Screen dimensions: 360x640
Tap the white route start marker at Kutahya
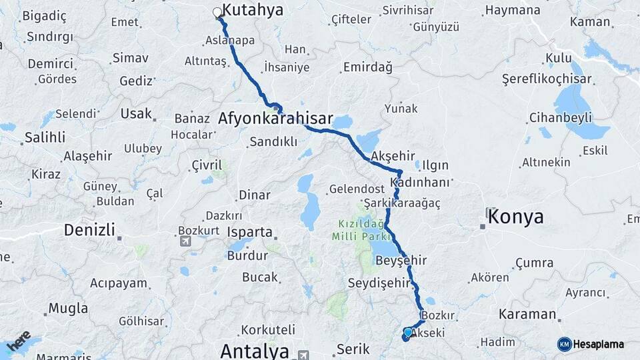(x=217, y=12)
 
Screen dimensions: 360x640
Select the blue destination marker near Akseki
(x=407, y=332)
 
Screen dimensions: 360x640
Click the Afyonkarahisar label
(x=275, y=119)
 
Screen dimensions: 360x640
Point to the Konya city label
(x=515, y=217)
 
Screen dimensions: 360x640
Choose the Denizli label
(x=88, y=230)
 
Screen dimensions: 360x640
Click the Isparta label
(x=251, y=233)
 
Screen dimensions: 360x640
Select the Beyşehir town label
(x=401, y=260)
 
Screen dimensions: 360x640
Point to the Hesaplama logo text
(x=599, y=344)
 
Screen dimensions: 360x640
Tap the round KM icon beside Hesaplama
(x=564, y=344)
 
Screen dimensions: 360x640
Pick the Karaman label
(x=527, y=314)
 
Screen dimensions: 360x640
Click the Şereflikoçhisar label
(x=546, y=79)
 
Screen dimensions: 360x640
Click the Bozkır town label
(x=439, y=315)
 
